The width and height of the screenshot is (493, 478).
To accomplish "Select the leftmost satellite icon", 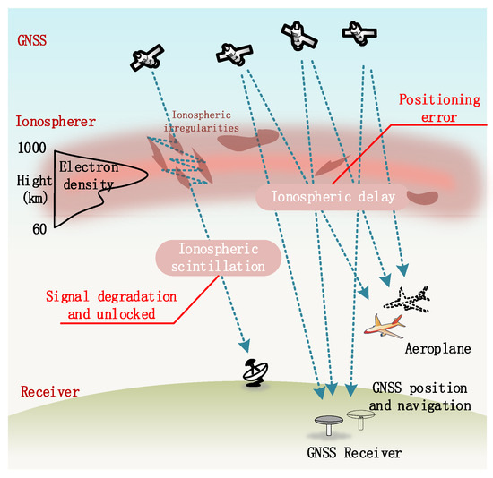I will tap(146, 58).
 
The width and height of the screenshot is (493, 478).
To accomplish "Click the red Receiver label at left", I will tap(41, 392).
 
